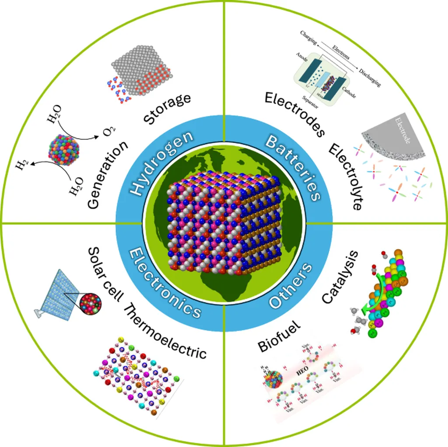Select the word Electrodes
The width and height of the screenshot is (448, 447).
coord(294,114)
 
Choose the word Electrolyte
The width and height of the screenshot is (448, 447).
coord(346,177)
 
